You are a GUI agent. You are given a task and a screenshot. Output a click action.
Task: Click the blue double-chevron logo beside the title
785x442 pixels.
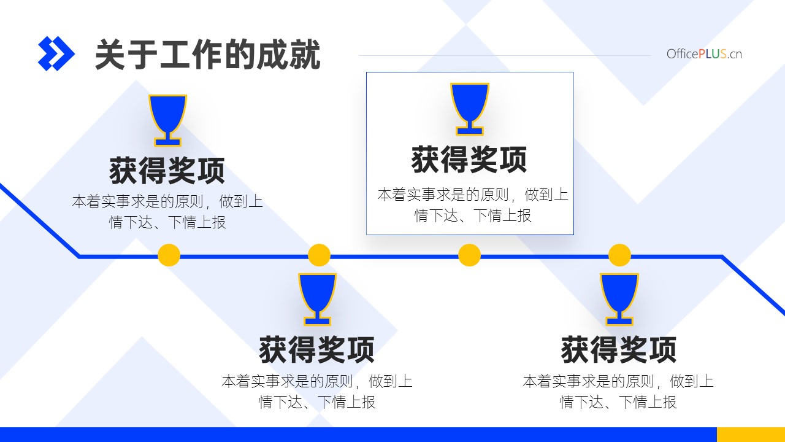click(x=56, y=53)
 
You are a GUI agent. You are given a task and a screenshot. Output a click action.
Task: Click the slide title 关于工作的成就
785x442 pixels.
click(x=207, y=55)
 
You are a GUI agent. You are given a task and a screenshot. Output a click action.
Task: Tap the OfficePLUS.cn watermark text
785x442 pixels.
click(x=704, y=54)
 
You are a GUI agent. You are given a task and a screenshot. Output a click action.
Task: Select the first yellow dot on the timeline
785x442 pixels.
click(x=169, y=255)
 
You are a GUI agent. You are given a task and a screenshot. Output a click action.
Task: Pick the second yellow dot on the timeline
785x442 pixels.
click(x=319, y=255)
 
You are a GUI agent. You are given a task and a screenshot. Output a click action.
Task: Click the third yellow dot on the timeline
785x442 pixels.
click(x=469, y=255)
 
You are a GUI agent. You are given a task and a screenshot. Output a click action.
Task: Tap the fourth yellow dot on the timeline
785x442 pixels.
click(x=619, y=255)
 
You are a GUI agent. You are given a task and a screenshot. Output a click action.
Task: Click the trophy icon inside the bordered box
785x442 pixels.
click(x=470, y=109)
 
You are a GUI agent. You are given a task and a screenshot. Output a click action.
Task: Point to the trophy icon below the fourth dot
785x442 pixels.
click(x=619, y=300)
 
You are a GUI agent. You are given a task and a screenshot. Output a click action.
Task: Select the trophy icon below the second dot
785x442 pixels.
click(x=317, y=300)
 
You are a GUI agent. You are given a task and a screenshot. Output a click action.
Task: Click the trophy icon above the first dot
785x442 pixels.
click(x=167, y=120)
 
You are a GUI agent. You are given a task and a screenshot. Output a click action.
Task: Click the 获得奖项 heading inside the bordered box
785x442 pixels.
click(x=469, y=160)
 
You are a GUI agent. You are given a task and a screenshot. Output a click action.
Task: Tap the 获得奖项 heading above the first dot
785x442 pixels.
click(x=167, y=171)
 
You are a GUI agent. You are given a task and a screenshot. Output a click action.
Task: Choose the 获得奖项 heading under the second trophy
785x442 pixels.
click(x=317, y=350)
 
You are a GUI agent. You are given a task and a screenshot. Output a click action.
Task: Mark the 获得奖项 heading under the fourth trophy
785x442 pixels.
click(x=619, y=350)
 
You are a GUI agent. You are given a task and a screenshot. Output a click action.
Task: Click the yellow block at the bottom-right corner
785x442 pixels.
click(x=751, y=435)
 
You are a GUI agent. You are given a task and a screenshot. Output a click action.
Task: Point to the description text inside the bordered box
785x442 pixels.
click(x=473, y=205)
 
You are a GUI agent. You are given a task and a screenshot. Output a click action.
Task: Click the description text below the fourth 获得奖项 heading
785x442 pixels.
click(x=618, y=392)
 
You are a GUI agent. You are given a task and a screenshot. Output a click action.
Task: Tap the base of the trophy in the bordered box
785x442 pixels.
click(x=470, y=131)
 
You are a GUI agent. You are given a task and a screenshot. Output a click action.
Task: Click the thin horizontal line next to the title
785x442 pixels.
click(x=505, y=55)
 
